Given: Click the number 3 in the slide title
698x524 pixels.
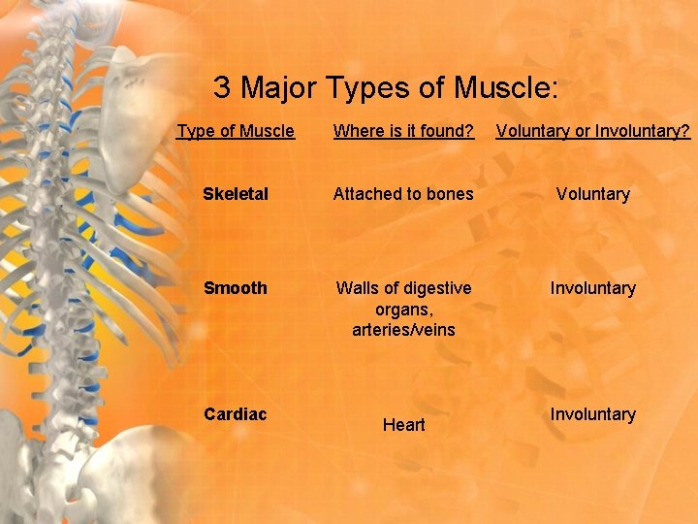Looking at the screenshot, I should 222,88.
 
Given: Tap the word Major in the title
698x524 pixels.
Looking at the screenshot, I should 278,88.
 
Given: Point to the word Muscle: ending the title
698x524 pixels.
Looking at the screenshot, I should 504,88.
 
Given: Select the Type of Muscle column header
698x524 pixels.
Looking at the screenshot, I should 236,130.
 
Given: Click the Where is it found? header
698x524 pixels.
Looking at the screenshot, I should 403,130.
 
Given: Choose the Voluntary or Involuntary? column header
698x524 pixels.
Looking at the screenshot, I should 592,130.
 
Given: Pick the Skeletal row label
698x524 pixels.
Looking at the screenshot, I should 236,194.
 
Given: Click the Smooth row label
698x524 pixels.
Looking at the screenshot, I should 236,288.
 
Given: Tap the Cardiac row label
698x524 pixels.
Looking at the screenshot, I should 236,414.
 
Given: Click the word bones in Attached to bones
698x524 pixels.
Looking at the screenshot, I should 449,194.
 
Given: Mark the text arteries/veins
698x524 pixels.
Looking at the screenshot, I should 403,331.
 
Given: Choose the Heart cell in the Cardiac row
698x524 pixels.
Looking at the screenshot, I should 403,425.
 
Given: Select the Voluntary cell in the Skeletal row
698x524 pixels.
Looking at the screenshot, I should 592,194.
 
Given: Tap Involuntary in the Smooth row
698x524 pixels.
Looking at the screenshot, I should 592,288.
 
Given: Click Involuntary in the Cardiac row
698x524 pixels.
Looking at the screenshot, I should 592,414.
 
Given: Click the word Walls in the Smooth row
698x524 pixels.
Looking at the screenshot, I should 357,288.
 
